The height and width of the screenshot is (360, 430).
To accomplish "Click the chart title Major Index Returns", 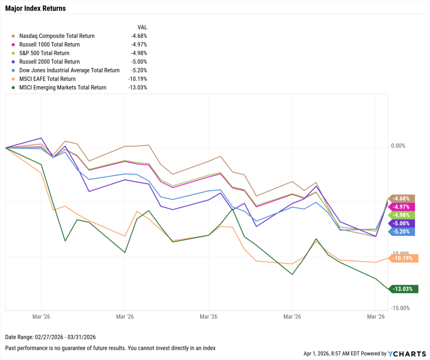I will [35, 8].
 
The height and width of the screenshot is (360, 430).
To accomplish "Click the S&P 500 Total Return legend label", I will [44, 53].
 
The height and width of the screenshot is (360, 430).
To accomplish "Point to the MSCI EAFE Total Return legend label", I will [47, 79].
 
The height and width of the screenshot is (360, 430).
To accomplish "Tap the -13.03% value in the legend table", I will [137, 88].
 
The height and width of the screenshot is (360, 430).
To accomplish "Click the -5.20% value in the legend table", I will [139, 70].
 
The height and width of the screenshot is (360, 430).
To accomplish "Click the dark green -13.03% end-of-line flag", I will [404, 289].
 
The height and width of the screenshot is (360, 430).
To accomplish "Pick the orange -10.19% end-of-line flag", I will [404, 258].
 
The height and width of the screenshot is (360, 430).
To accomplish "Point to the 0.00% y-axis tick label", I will [398, 146].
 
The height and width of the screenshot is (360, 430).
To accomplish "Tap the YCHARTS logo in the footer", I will [404, 354].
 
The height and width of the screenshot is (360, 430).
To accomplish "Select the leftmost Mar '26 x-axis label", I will [41, 316].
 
